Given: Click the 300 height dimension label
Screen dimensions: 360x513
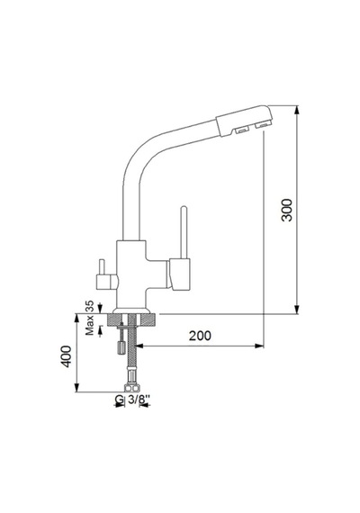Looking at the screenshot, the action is pos(287,210).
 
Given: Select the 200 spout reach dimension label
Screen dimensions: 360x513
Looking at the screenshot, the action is pos(200,336).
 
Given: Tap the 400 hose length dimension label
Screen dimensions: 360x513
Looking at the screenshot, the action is pos(66,356).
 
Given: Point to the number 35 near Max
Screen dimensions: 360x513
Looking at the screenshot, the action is pos(89,306).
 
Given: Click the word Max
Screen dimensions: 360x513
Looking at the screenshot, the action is pos(89,325).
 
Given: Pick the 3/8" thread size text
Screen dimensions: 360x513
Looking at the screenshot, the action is pos(139,399).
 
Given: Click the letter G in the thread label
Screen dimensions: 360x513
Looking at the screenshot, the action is pos(120,400).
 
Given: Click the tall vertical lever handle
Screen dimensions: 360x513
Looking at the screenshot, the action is pos(184,232).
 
